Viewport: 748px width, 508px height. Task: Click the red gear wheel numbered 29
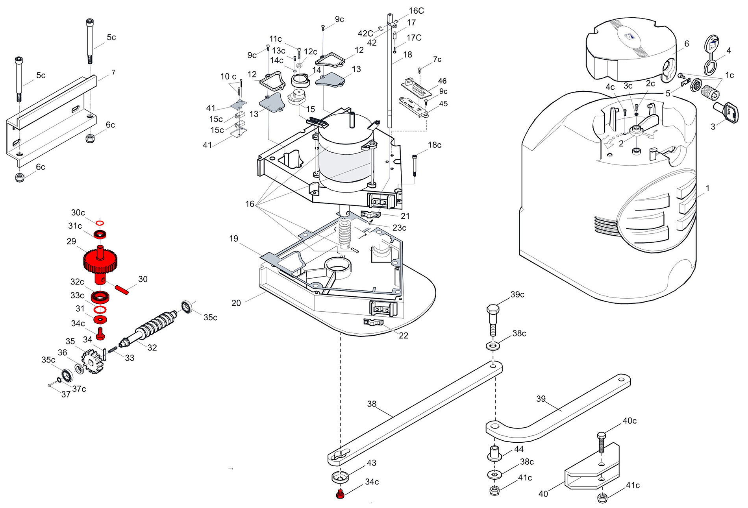coord(100,260)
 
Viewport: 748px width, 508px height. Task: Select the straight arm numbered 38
coord(415,413)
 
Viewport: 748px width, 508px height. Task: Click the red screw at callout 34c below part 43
coord(341,493)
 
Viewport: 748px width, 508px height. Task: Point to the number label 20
coord(236,303)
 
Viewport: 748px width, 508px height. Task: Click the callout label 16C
coord(416,11)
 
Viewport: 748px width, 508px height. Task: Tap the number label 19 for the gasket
coord(233,238)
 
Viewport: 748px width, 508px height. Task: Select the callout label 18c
coord(435,145)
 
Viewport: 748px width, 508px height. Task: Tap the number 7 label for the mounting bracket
coord(113,72)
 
